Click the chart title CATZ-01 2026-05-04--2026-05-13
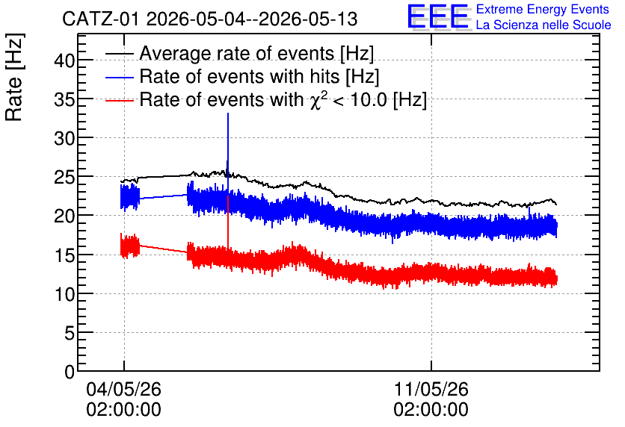pyautogui.click(x=209, y=19)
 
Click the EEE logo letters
pyautogui.click(x=439, y=16)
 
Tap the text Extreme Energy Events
pyautogui.click(x=543, y=9)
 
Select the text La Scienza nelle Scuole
pyautogui.click(x=544, y=25)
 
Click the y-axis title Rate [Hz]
pyautogui.click(x=14, y=77)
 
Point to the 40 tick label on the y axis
pyautogui.click(x=64, y=61)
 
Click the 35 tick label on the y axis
pyautogui.click(x=64, y=100)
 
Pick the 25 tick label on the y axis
pyautogui.click(x=64, y=178)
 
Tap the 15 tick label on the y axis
pyautogui.click(x=64, y=255)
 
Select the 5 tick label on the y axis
pyautogui.click(x=70, y=333)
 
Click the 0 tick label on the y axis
pyautogui.click(x=70, y=372)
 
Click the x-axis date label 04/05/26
pyautogui.click(x=123, y=389)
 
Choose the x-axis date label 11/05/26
pyautogui.click(x=431, y=389)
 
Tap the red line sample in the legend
pyautogui.click(x=120, y=101)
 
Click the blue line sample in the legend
pyautogui.click(x=120, y=77)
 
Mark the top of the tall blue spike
pyautogui.click(x=227, y=113)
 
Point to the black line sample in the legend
pyautogui.click(x=120, y=54)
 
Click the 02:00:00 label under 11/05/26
pyautogui.click(x=431, y=410)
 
